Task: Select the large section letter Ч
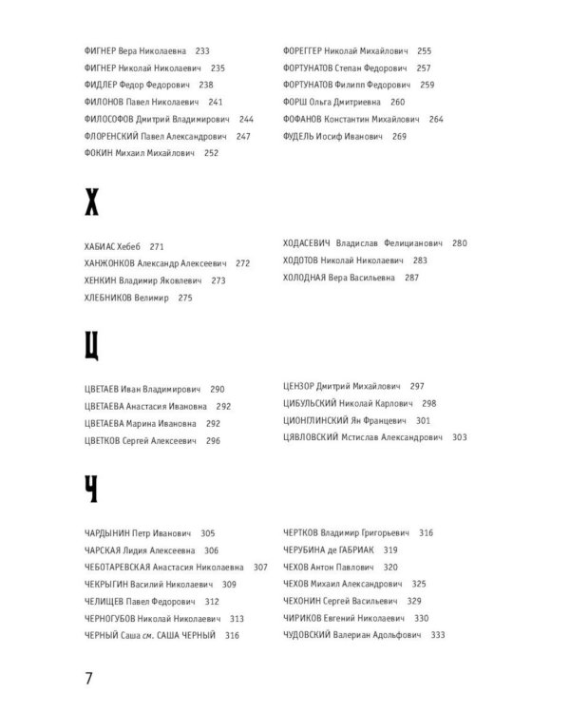coord(92,490)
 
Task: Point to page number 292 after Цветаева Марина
coord(213,423)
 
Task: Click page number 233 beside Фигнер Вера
coord(200,50)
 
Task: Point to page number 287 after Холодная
coord(411,278)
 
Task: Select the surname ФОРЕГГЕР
coord(307,50)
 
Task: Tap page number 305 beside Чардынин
coord(208,532)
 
